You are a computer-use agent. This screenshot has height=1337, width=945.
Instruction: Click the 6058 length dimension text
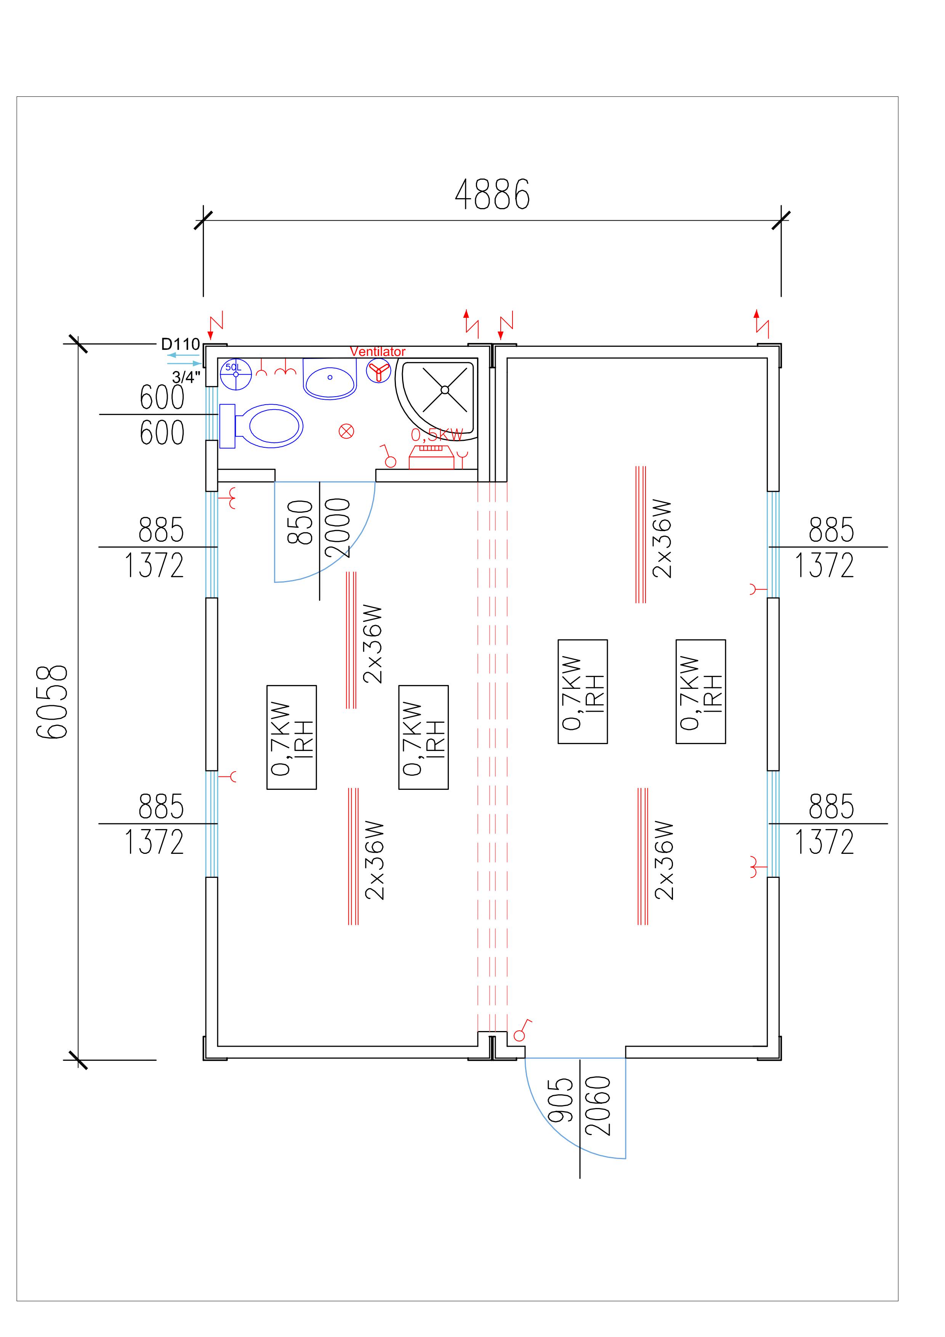click(53, 702)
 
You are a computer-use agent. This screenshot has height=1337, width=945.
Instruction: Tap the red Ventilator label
click(377, 352)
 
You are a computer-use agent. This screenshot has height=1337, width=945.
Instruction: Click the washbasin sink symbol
click(330, 379)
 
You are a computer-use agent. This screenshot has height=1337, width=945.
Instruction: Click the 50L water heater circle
click(236, 374)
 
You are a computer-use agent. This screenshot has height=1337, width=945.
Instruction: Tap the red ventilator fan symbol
click(378, 370)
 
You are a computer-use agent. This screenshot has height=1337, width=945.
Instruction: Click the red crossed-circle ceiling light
click(346, 431)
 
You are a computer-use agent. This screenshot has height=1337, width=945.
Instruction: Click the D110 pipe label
click(181, 344)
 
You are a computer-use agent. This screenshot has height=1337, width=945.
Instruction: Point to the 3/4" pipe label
click(186, 377)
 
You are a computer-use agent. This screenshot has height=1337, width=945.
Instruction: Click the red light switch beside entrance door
click(521, 1033)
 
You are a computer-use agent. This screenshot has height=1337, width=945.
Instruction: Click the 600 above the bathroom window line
click(162, 398)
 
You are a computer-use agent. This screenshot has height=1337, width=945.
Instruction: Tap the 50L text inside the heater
click(233, 367)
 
